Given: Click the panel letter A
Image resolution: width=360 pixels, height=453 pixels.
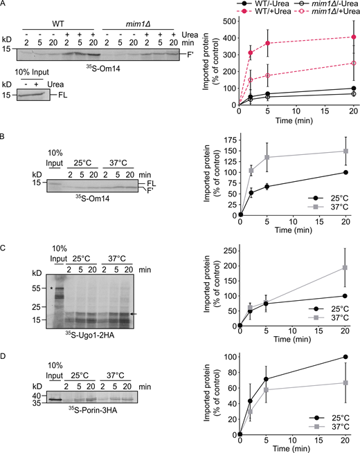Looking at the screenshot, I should click(x=3, y=5).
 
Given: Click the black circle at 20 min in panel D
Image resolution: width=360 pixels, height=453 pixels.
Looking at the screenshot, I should click(x=335, y=357).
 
